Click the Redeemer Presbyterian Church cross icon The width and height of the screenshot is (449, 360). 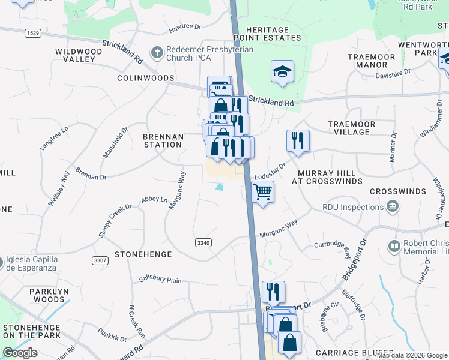157,52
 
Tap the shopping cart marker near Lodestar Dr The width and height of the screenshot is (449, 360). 262,193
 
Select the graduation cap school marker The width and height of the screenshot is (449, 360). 282,72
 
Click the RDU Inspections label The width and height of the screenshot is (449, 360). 353,207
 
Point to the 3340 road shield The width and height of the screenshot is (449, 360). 203,242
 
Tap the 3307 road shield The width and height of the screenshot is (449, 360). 101,260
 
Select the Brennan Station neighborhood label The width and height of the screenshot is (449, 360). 163,140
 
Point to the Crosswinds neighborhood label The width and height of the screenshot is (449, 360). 397,191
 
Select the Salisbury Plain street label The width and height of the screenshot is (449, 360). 160,280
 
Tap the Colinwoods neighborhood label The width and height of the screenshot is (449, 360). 145,78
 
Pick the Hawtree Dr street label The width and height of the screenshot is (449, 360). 184,27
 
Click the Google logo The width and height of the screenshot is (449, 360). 20,353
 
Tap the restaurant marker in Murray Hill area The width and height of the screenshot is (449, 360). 298,141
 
